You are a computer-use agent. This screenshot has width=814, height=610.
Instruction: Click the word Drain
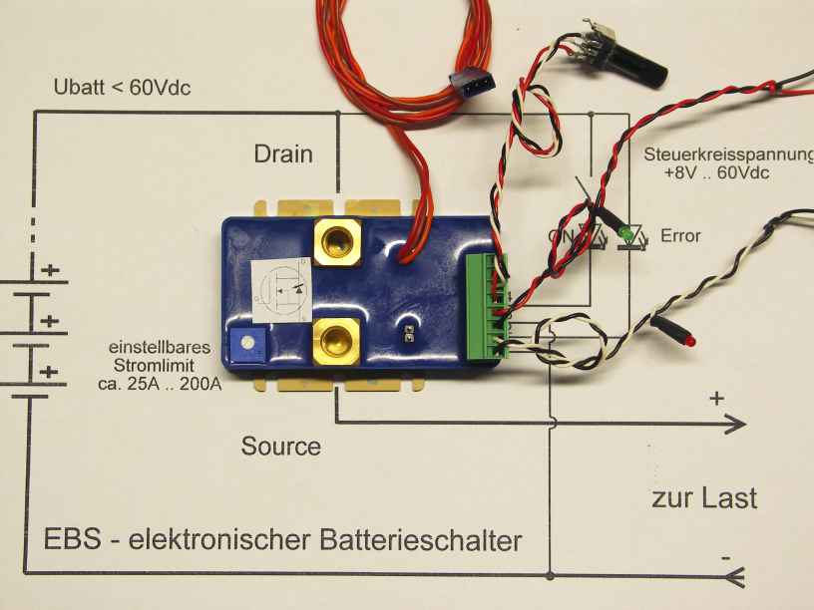pyautogui.click(x=283, y=153)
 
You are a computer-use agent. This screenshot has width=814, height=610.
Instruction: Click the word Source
pyautogui.click(x=281, y=446)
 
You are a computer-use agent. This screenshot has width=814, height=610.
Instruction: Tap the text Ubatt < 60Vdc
pyautogui.click(x=122, y=88)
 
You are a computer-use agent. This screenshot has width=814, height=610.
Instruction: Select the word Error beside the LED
pyautogui.click(x=680, y=236)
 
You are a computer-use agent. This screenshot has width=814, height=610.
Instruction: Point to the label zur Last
pyautogui.click(x=704, y=497)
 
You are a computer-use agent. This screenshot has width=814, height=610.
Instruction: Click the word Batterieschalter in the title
pyautogui.click(x=422, y=541)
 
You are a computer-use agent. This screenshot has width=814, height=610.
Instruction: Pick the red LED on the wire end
pyautogui.click(x=689, y=341)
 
